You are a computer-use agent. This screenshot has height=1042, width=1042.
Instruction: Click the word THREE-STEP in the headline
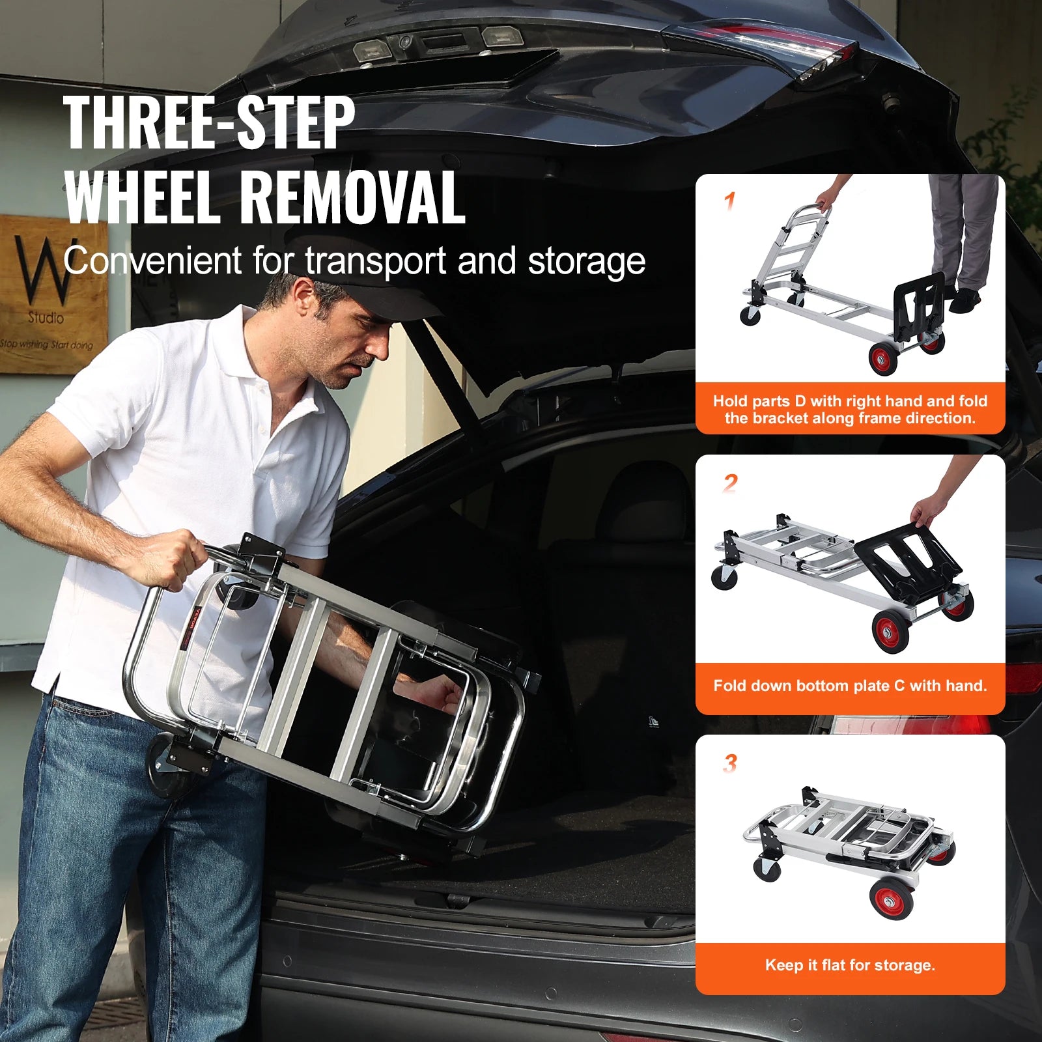tap(208, 122)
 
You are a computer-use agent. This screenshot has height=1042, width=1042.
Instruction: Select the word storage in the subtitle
tap(586, 262)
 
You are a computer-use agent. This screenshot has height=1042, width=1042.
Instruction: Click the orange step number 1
tap(730, 201)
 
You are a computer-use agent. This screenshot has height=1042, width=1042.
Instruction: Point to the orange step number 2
tap(731, 483)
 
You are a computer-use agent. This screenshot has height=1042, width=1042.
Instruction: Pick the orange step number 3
tap(730, 763)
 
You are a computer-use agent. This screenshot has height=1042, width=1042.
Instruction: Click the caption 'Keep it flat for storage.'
tap(850, 965)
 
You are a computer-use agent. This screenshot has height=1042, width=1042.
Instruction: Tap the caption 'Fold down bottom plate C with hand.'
tap(850, 685)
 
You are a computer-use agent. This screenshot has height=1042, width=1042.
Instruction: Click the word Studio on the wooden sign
tap(46, 318)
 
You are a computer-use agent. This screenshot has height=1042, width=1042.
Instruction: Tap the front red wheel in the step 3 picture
tap(890, 899)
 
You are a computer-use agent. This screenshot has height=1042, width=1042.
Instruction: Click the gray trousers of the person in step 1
tap(961, 228)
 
